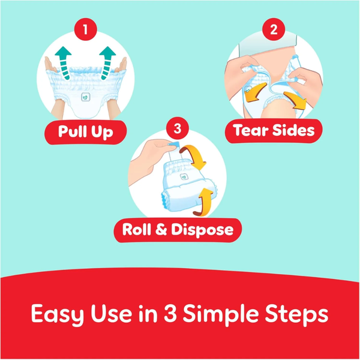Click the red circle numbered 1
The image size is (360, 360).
point(85,29)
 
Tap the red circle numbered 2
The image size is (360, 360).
point(274,29)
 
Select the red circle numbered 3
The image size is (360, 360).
point(177,128)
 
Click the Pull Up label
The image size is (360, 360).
point(85,132)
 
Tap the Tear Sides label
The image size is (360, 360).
point(274,130)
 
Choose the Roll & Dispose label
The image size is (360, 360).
point(178,230)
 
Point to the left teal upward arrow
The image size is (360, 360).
point(64,62)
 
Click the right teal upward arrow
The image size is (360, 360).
point(107,62)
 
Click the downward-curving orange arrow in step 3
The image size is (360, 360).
point(194,156)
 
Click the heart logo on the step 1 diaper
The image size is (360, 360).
point(85,97)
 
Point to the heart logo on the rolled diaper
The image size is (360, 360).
point(184,177)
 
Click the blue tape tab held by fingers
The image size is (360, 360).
point(174,145)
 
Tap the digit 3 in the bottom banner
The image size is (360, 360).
point(170,313)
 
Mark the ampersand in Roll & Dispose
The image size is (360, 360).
point(161,229)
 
